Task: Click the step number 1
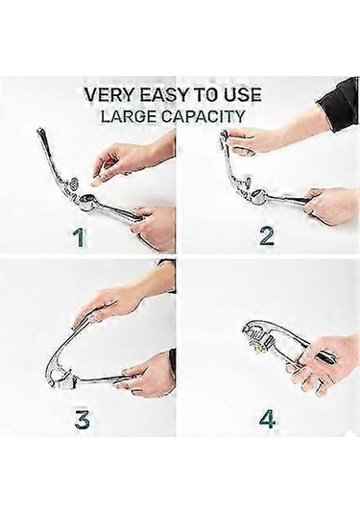pyautogui.click(x=79, y=237)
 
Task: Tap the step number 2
pyautogui.click(x=267, y=236)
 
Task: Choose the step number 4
pyautogui.click(x=268, y=418)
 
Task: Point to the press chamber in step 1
pyautogui.click(x=85, y=200)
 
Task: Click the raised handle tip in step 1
pyautogui.click(x=41, y=133)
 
